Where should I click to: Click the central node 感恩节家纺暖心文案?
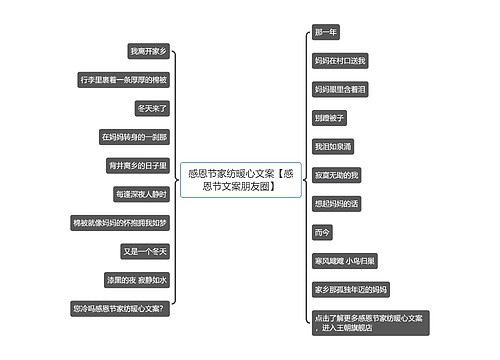click(x=237, y=180)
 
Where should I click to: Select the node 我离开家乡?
click(x=149, y=50)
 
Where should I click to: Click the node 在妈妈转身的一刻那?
click(x=135, y=136)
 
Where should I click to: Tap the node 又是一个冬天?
click(x=145, y=251)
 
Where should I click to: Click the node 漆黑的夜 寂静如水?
click(x=137, y=280)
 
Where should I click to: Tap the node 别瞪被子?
click(x=330, y=118)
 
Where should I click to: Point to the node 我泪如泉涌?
click(x=333, y=147)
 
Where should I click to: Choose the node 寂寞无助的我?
click(x=336, y=175)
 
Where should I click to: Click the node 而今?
click(x=322, y=233)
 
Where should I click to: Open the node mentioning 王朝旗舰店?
click(x=369, y=323)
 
